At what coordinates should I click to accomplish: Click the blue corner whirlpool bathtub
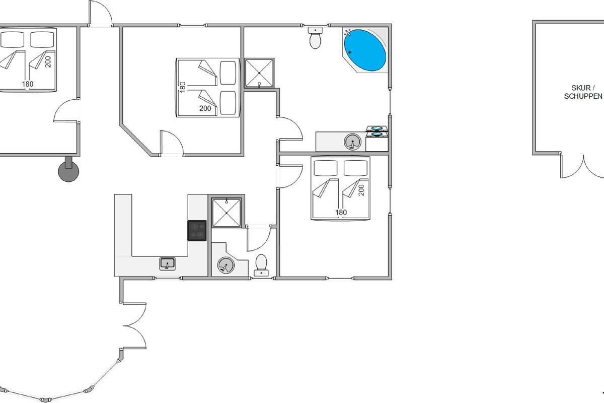pyautogui.click(x=365, y=50)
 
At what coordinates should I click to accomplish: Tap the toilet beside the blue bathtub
pyautogui.click(x=315, y=38)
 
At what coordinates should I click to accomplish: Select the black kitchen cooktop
pyautogui.click(x=197, y=231)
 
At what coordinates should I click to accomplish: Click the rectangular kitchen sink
pyautogui.click(x=168, y=264)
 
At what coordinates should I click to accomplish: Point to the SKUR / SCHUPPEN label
pyautogui.click(x=583, y=92)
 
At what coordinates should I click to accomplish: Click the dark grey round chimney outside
pyautogui.click(x=68, y=170)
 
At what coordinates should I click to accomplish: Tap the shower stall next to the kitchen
pyautogui.click(x=226, y=213)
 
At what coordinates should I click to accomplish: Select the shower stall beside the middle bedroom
pyautogui.click(x=259, y=73)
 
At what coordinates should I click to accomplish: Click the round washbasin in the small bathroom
pyautogui.click(x=225, y=265)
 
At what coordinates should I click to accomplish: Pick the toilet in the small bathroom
pyautogui.click(x=261, y=265)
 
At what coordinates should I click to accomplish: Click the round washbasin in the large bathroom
pyautogui.click(x=352, y=142)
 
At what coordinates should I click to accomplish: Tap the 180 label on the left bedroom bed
pyautogui.click(x=28, y=84)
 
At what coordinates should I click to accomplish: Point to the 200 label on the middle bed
pyautogui.click(x=205, y=108)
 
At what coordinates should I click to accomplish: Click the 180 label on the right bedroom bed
pyautogui.click(x=341, y=213)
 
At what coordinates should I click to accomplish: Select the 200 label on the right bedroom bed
pyautogui.click(x=362, y=190)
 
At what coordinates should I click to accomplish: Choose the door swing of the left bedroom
pyautogui.click(x=66, y=111)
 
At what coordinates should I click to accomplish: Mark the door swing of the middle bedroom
pyautogui.click(x=172, y=143)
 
